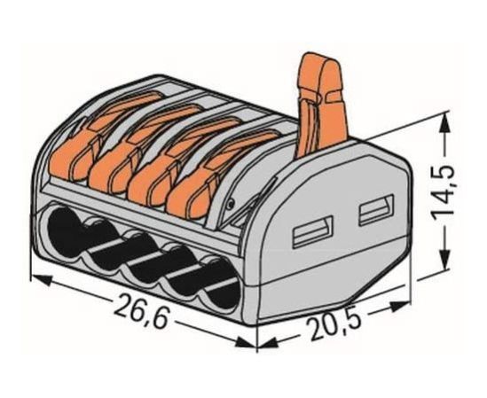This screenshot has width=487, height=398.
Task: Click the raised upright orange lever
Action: pyautogui.click(x=321, y=105)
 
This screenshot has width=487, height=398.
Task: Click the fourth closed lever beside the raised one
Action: pyautogui.click(x=222, y=174)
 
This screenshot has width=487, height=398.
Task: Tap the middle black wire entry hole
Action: pyautogui.click(x=143, y=259)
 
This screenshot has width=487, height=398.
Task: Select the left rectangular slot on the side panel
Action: pyautogui.click(x=313, y=231)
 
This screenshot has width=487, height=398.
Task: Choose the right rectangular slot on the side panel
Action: pyautogui.click(x=376, y=209)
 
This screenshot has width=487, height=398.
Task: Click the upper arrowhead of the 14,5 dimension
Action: pyautogui.click(x=445, y=122)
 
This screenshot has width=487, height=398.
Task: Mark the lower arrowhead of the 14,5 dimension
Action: pyautogui.click(x=445, y=258)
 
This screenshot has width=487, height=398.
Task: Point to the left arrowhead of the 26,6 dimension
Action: pyautogui.click(x=41, y=280)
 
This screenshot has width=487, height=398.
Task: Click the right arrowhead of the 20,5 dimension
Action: pyautogui.click(x=401, y=307)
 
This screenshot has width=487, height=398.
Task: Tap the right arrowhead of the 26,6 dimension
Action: pyautogui.click(x=246, y=342)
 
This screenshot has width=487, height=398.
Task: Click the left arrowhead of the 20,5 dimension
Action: pyautogui.click(x=269, y=343)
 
